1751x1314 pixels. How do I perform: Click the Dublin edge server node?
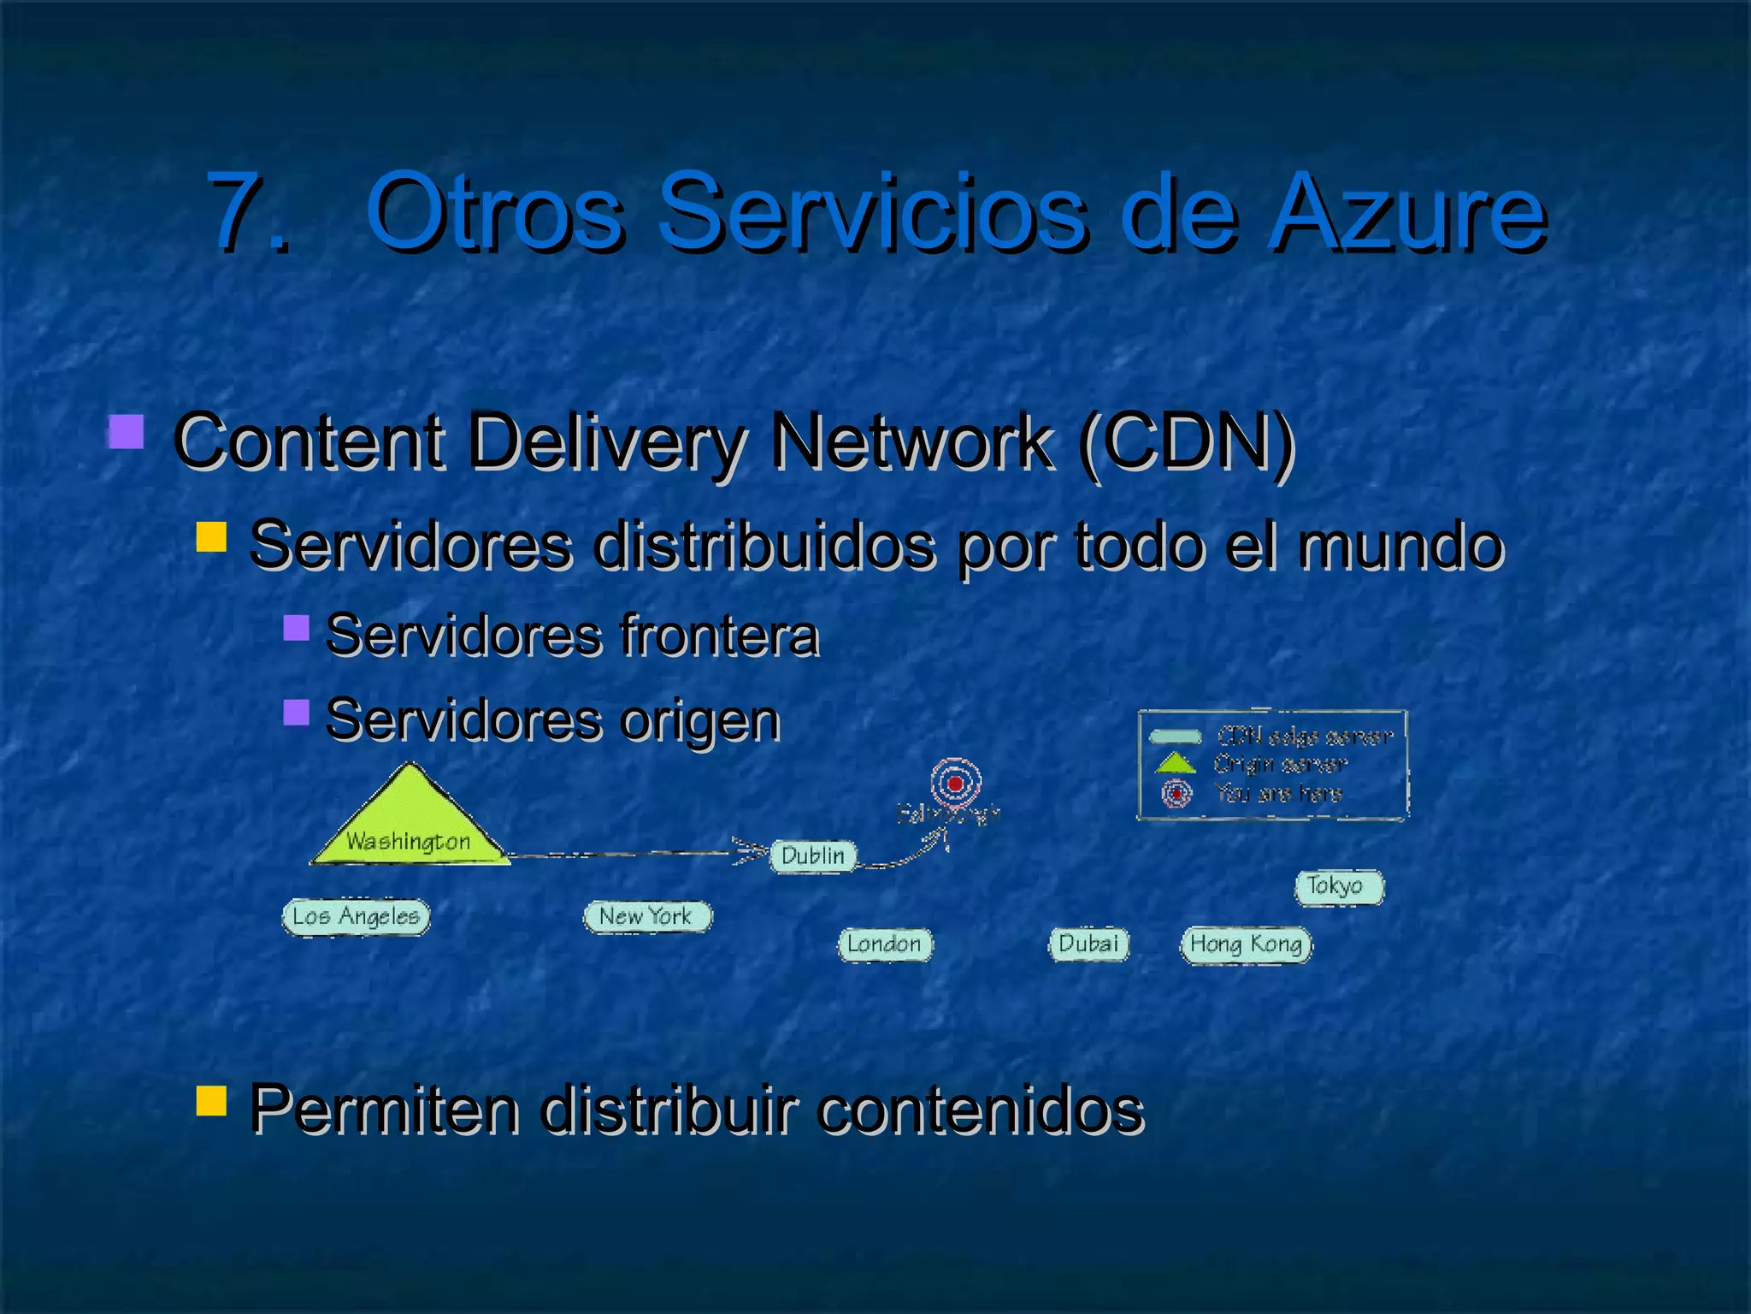coord(813,855)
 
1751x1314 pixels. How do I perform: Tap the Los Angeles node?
coord(356,917)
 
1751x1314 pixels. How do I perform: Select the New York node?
coord(647,916)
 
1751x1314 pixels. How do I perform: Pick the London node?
coord(885,944)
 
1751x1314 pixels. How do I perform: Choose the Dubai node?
coord(1088,944)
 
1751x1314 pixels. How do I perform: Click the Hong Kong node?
coord(1246,944)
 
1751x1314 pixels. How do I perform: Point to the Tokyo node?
coord(1338,886)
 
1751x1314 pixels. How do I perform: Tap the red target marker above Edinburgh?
coord(956,782)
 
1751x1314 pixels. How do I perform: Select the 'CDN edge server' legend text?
coord(1305,736)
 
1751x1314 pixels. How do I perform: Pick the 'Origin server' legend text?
coord(1280,764)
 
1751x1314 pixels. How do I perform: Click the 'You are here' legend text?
coord(1279,793)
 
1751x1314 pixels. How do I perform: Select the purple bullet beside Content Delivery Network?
coord(127,432)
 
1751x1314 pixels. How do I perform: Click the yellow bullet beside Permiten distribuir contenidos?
coord(211,1102)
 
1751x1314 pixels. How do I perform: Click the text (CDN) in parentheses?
coord(1187,442)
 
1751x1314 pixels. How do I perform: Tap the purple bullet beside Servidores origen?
coord(296,713)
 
